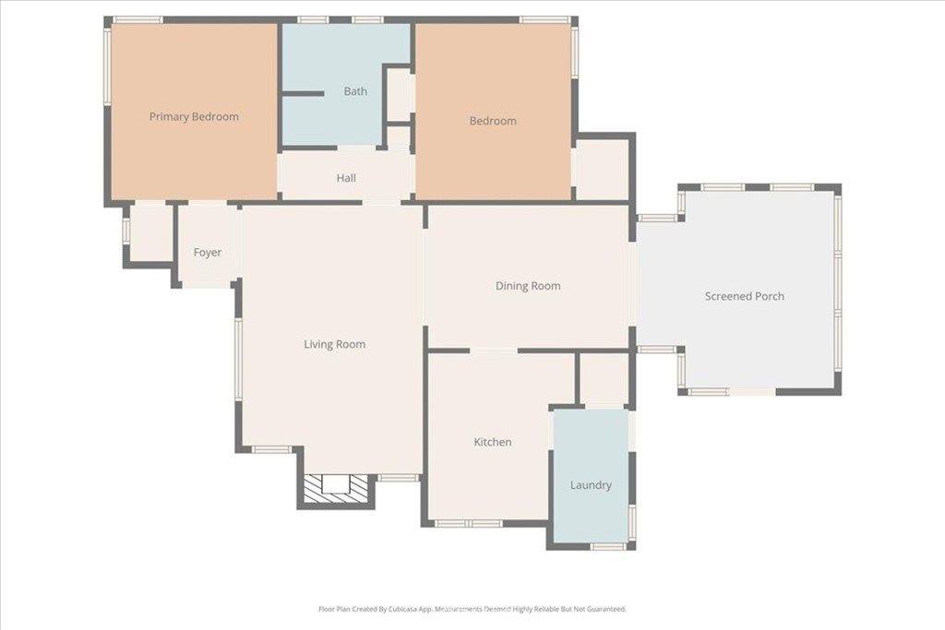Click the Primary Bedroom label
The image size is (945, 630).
[194, 117]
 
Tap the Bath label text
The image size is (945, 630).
[355, 91]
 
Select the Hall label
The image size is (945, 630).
[346, 178]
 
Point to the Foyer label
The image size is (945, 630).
[207, 253]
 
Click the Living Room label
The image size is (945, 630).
[334, 345]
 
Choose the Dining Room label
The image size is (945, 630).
[528, 286]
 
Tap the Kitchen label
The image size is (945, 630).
[492, 443]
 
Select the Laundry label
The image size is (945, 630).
[591, 485]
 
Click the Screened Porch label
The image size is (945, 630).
[744, 296]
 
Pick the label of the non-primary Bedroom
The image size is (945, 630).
[492, 121]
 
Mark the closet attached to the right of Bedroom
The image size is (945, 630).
[602, 169]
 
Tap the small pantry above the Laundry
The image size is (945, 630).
[604, 378]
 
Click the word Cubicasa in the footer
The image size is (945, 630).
[393, 609]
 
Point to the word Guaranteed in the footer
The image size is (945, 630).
[604, 609]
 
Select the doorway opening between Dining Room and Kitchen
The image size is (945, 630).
[494, 351]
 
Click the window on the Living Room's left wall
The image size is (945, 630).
[237, 360]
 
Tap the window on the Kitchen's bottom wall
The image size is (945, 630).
[468, 524]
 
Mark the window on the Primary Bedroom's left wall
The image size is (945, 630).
[107, 65]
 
